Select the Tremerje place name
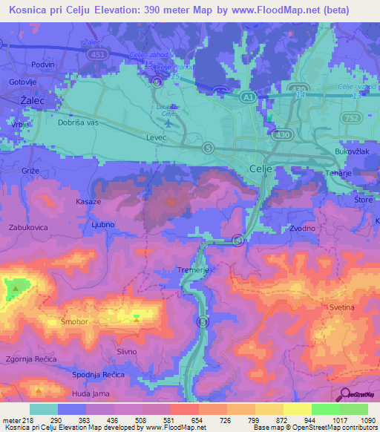pyautogui.click(x=192, y=270)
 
